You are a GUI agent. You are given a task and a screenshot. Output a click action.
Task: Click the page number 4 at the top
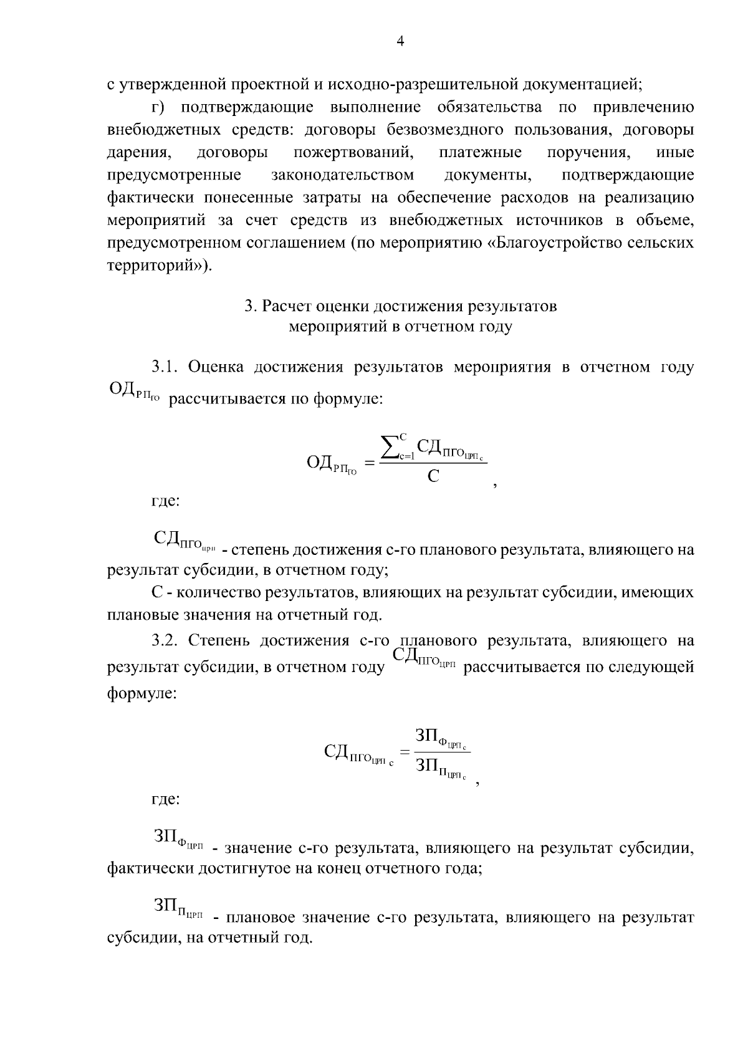coord(401,41)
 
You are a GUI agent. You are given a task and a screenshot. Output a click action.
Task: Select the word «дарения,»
coord(138,153)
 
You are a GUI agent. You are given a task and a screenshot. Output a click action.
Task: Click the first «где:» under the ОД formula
coord(166,501)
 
